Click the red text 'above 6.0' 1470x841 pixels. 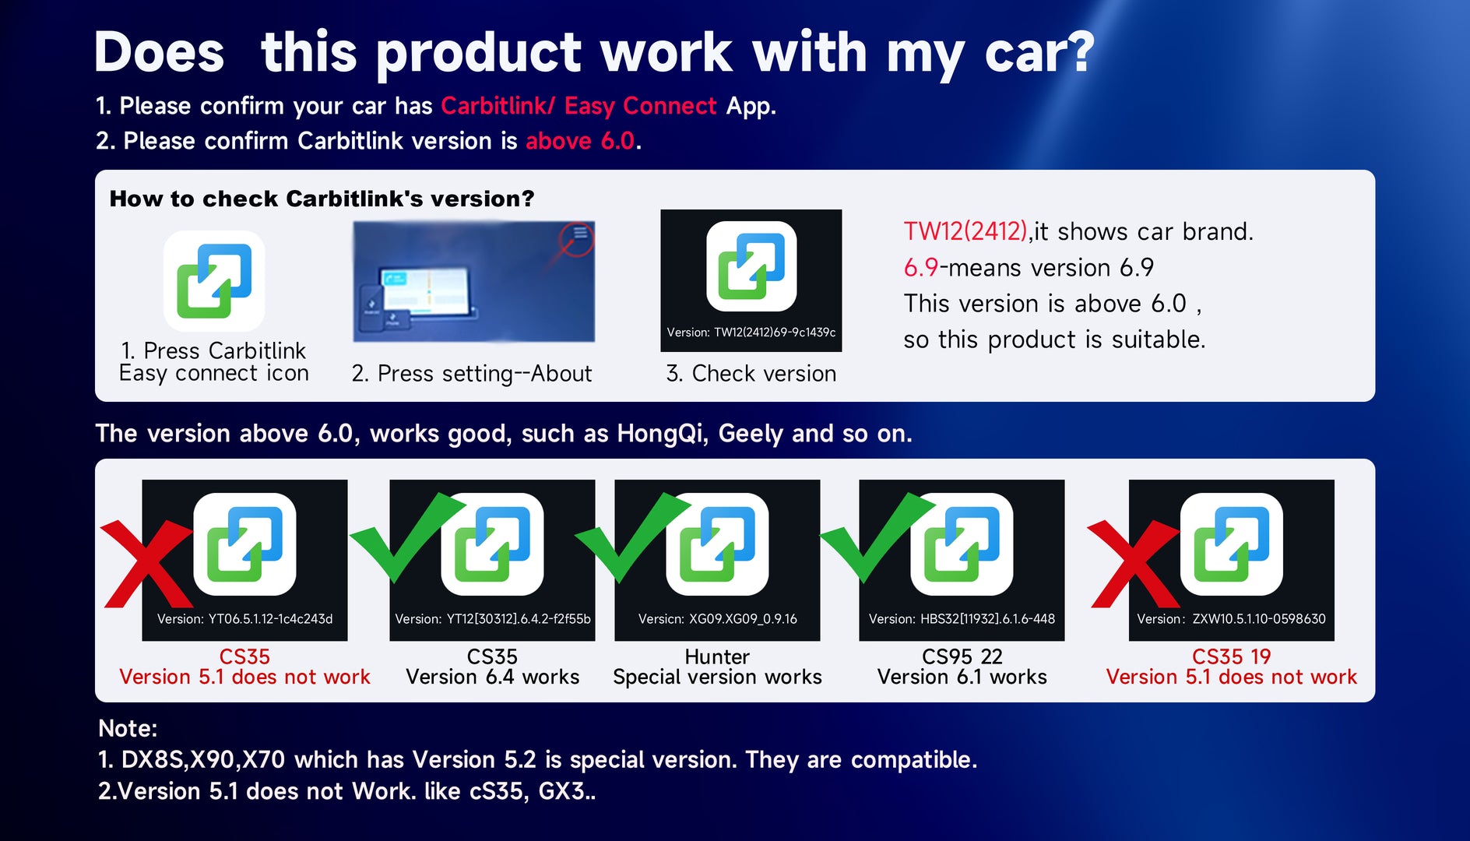[x=580, y=141]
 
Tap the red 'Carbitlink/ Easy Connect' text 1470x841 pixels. [x=579, y=106]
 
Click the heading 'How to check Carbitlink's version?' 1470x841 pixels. [x=322, y=199]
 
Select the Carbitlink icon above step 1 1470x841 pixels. [x=214, y=281]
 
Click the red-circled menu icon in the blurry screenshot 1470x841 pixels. [x=579, y=234]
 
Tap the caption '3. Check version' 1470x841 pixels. [x=751, y=374]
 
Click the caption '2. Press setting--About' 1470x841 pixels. [x=472, y=374]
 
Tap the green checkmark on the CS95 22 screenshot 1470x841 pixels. [x=877, y=537]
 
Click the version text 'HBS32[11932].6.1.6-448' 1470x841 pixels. [x=988, y=619]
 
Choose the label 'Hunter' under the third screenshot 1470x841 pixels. [x=717, y=656]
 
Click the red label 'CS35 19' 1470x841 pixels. [x=1231, y=656]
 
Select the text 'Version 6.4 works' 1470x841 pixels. [x=493, y=677]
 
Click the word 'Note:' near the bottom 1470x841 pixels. [x=128, y=729]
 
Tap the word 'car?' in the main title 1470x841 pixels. [x=1040, y=53]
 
